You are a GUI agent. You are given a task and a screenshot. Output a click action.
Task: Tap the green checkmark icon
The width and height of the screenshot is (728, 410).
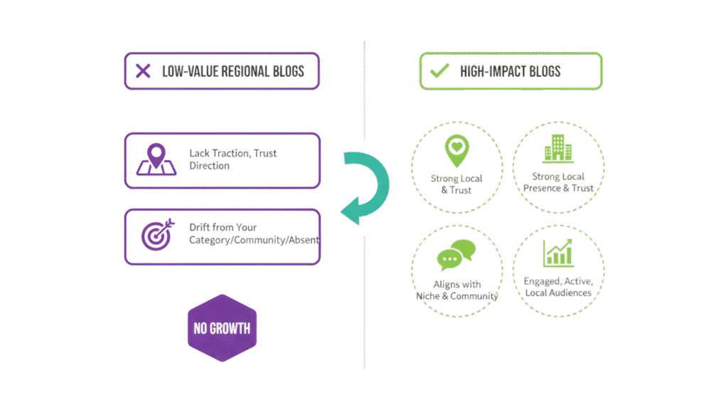441,71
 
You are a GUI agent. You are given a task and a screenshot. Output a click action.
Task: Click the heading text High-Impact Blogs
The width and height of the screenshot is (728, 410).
510,71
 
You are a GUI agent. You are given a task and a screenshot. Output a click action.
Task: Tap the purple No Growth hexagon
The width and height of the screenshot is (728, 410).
222,328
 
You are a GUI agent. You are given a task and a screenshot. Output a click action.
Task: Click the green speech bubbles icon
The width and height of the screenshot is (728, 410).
456,253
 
